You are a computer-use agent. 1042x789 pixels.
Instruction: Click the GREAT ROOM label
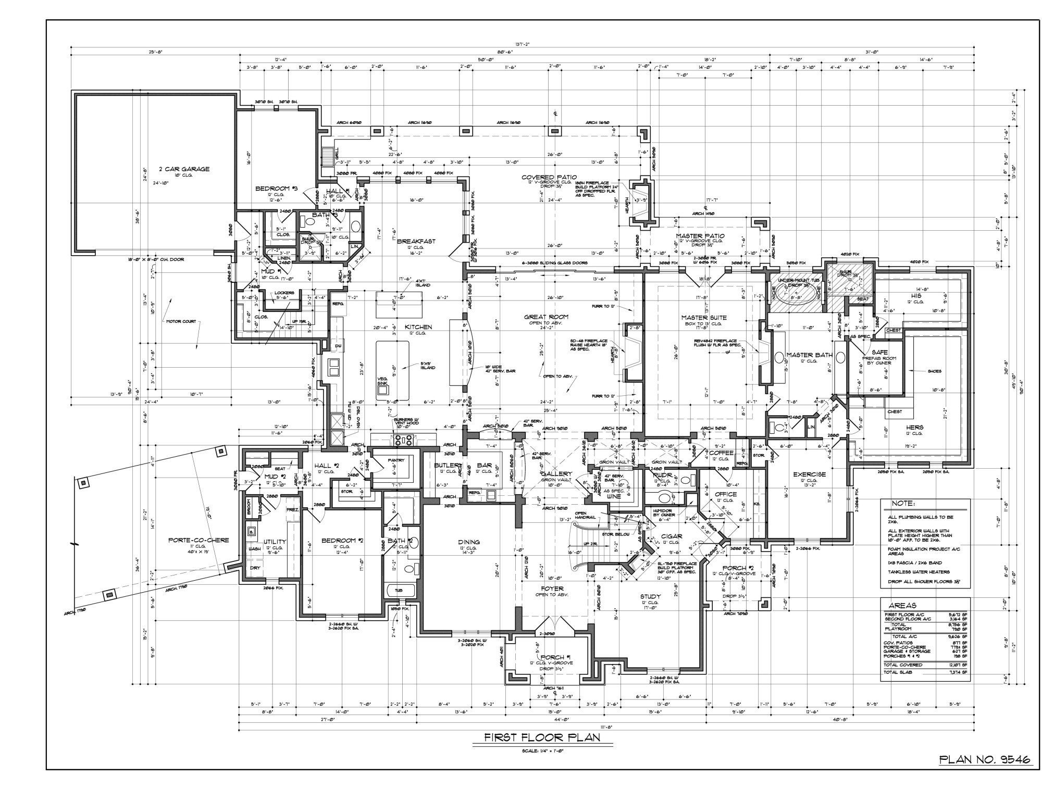546,317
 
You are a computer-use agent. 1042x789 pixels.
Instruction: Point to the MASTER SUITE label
704,317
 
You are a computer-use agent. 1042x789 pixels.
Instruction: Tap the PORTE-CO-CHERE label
199,540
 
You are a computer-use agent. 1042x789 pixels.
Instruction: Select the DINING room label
469,542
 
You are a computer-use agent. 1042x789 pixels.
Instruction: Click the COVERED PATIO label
549,177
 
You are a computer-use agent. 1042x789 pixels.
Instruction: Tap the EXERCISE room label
809,474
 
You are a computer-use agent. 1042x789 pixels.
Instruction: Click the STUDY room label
651,597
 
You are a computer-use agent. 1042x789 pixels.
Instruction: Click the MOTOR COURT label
181,321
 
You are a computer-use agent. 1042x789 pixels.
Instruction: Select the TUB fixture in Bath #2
399,591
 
